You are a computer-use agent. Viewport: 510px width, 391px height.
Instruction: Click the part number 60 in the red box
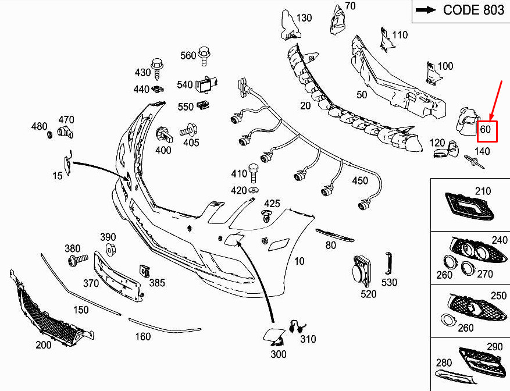pyautogui.click(x=485, y=130)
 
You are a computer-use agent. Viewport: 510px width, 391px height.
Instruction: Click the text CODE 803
pyautogui.click(x=473, y=10)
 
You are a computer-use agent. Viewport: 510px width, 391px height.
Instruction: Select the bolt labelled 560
pyautogui.click(x=204, y=56)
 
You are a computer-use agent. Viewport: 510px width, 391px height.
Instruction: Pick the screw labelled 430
pyautogui.click(x=157, y=70)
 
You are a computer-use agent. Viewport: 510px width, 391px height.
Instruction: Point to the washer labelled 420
pyautogui.click(x=253, y=190)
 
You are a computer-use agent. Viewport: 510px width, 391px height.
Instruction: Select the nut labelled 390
pyautogui.click(x=111, y=250)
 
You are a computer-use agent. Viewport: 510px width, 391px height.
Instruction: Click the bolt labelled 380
pyautogui.click(x=77, y=260)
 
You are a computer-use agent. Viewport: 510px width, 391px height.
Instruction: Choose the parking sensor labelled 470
pyautogui.click(x=65, y=133)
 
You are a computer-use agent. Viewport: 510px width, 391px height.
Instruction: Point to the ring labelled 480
pyautogui.click(x=50, y=134)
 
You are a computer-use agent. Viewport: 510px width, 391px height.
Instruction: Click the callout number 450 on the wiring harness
pyautogui.click(x=360, y=180)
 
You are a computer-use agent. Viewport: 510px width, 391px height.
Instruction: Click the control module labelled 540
pyautogui.click(x=206, y=84)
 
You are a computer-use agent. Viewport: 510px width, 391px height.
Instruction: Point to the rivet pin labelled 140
pyautogui.click(x=475, y=162)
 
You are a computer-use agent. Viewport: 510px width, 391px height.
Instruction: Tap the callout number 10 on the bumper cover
pyautogui.click(x=299, y=261)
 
